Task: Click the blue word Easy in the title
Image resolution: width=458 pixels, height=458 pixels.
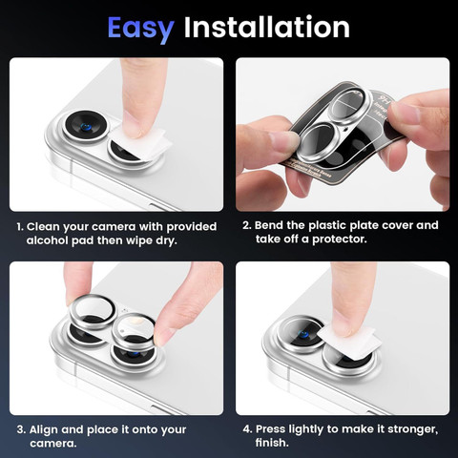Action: coord(140,29)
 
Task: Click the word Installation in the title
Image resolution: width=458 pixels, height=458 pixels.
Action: coord(267,27)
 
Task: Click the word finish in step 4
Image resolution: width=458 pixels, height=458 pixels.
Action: coord(272,443)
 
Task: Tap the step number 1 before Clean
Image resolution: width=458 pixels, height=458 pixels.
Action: coord(20,227)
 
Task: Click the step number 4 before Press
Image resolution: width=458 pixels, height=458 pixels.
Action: coord(247,429)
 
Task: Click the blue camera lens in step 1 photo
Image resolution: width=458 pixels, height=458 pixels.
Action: coord(86,127)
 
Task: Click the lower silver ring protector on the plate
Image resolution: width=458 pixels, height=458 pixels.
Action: coord(317,141)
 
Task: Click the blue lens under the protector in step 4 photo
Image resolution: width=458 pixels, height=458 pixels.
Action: coord(303,335)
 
